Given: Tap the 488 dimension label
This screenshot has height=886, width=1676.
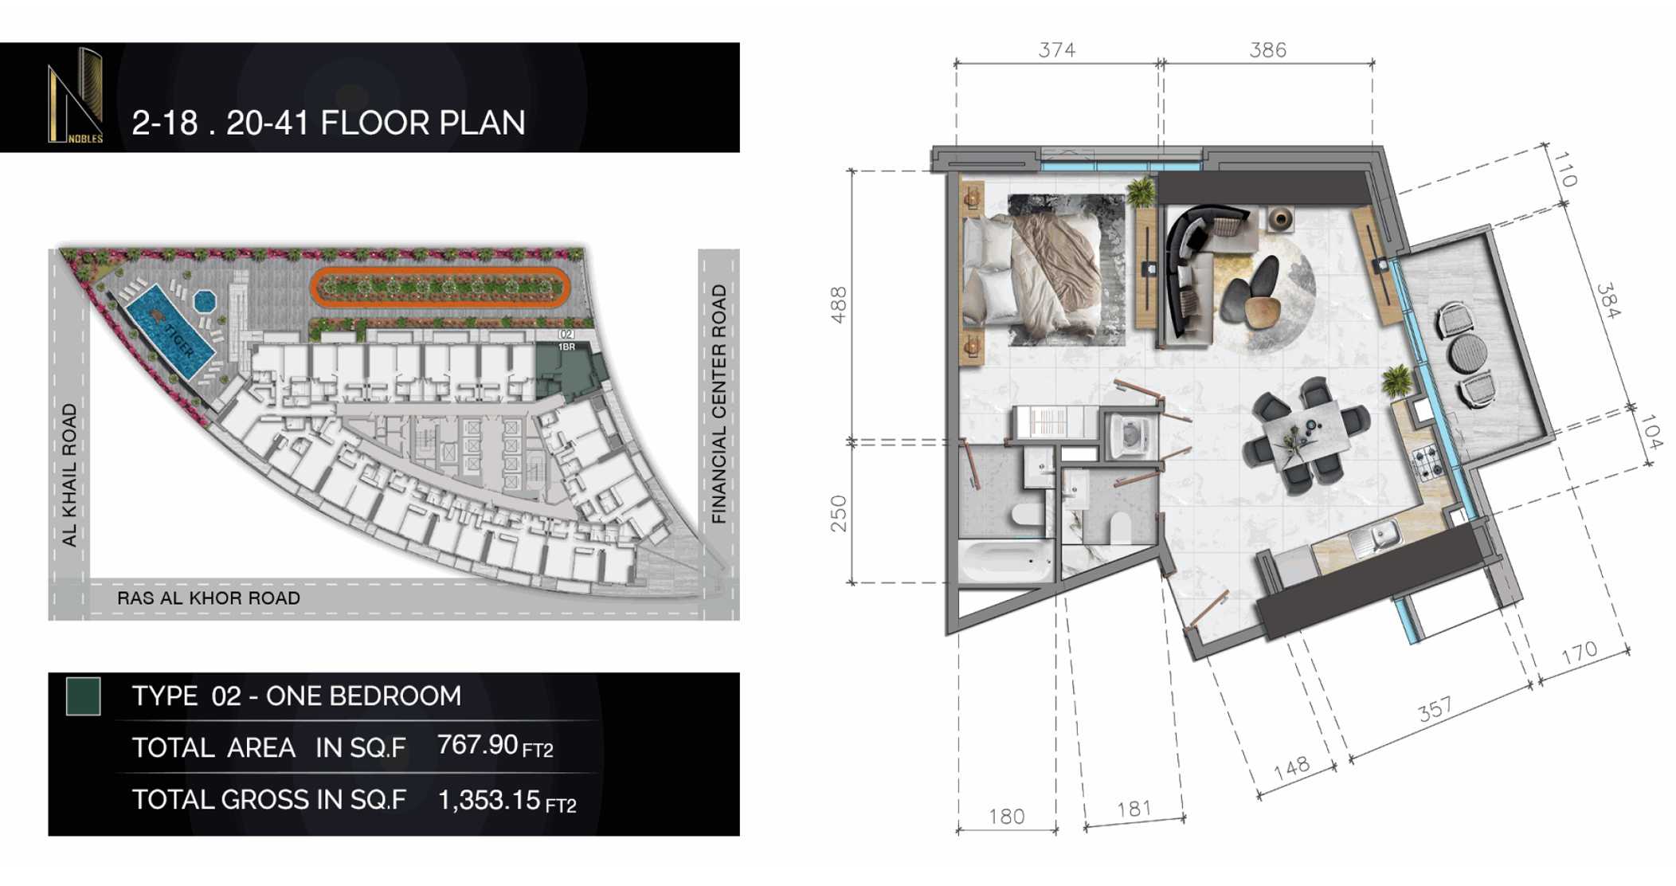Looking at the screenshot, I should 838,304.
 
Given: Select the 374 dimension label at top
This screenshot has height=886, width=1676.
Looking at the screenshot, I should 1056,50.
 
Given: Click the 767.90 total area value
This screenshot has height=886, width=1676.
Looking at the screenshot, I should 478,746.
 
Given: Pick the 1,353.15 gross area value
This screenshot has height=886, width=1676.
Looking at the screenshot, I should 489,800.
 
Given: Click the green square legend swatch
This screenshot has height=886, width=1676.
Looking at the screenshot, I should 83,696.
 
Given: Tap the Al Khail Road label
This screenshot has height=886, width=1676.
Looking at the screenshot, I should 69,475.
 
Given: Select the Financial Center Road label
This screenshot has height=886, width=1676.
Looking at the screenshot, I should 719,404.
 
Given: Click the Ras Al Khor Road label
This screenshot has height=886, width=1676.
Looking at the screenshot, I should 209,598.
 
